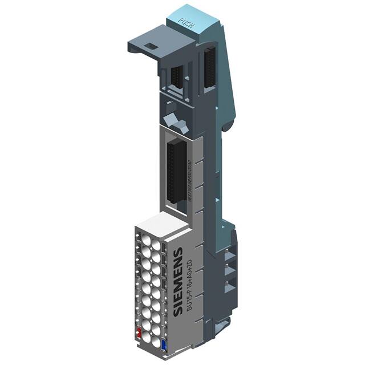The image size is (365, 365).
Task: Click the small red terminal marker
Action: click(139, 332)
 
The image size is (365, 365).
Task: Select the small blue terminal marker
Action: click(164, 344)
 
